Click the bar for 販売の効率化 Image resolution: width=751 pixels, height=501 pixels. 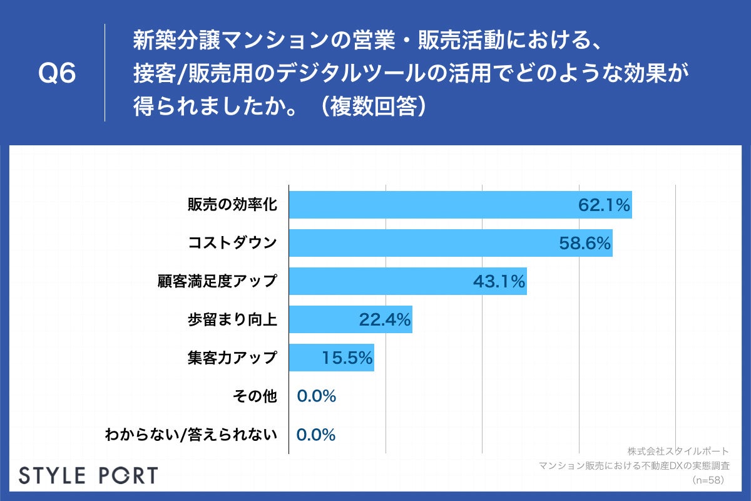[432, 205]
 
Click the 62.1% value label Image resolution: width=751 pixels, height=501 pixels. [603, 205]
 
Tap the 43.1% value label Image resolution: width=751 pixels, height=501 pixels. [498, 281]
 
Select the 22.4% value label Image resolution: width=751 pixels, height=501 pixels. [384, 319]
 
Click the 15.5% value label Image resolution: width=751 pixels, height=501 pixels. [347, 358]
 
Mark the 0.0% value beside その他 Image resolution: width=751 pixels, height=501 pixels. [316, 396]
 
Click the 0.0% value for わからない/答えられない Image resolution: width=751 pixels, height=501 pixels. [316, 434]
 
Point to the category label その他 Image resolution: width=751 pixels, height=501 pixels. [254, 396]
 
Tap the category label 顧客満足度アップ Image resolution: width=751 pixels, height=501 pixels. [217, 281]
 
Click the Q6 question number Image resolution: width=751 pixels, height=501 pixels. [57, 74]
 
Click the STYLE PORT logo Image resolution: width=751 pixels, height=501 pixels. [88, 475]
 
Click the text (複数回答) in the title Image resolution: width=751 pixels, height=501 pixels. [374, 106]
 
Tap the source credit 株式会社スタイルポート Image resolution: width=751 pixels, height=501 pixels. [677, 451]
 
